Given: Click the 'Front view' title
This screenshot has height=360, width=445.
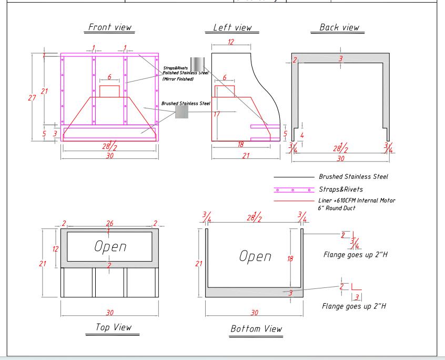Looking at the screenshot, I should (x=110, y=27).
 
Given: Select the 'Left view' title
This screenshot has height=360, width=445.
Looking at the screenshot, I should (x=232, y=27).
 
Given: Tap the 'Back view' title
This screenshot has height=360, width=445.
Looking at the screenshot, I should (x=340, y=27).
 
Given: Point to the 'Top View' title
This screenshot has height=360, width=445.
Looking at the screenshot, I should (x=113, y=327).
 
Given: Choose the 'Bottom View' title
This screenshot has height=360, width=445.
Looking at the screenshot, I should (x=256, y=328).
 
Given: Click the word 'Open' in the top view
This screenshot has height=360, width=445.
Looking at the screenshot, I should (x=109, y=246).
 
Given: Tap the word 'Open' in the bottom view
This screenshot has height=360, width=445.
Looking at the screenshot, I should (x=255, y=256).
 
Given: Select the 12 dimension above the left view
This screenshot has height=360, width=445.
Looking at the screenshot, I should (x=230, y=42).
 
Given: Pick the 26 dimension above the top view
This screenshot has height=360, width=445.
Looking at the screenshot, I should (x=109, y=223).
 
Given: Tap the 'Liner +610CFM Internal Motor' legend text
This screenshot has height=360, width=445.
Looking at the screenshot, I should (x=357, y=200).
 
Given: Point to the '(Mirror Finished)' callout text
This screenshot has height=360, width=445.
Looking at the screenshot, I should (x=178, y=78).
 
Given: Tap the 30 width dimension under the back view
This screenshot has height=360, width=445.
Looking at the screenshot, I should (x=340, y=158).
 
